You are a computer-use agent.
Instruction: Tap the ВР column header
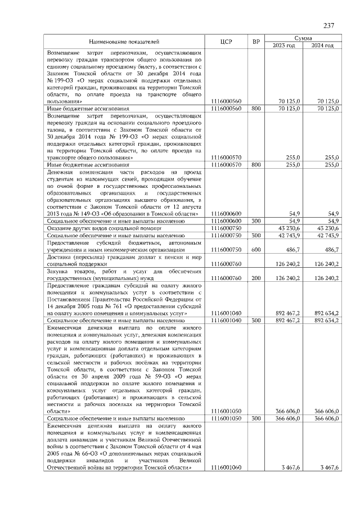(256, 42)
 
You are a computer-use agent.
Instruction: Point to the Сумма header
(303, 38)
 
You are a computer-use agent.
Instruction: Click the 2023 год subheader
(284, 46)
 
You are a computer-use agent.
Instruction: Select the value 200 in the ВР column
(256, 278)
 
